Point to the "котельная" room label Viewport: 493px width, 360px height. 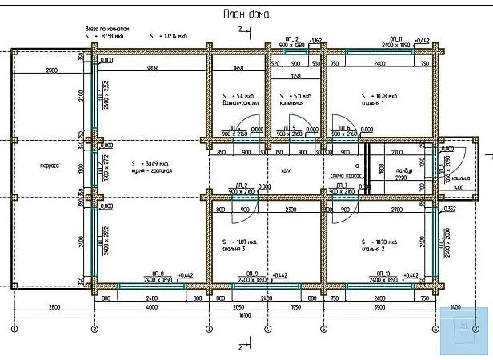pos(292,103)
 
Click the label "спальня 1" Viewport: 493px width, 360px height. pos(372,103)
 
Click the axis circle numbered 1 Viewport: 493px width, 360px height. pos(14,329)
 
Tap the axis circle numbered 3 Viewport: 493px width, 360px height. pos(209,329)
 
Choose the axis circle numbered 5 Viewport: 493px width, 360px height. pos(323,329)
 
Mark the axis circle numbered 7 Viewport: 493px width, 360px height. pos(475,329)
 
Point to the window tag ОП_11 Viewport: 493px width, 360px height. pos(395,38)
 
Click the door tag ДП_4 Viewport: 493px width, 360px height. pos(234,127)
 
